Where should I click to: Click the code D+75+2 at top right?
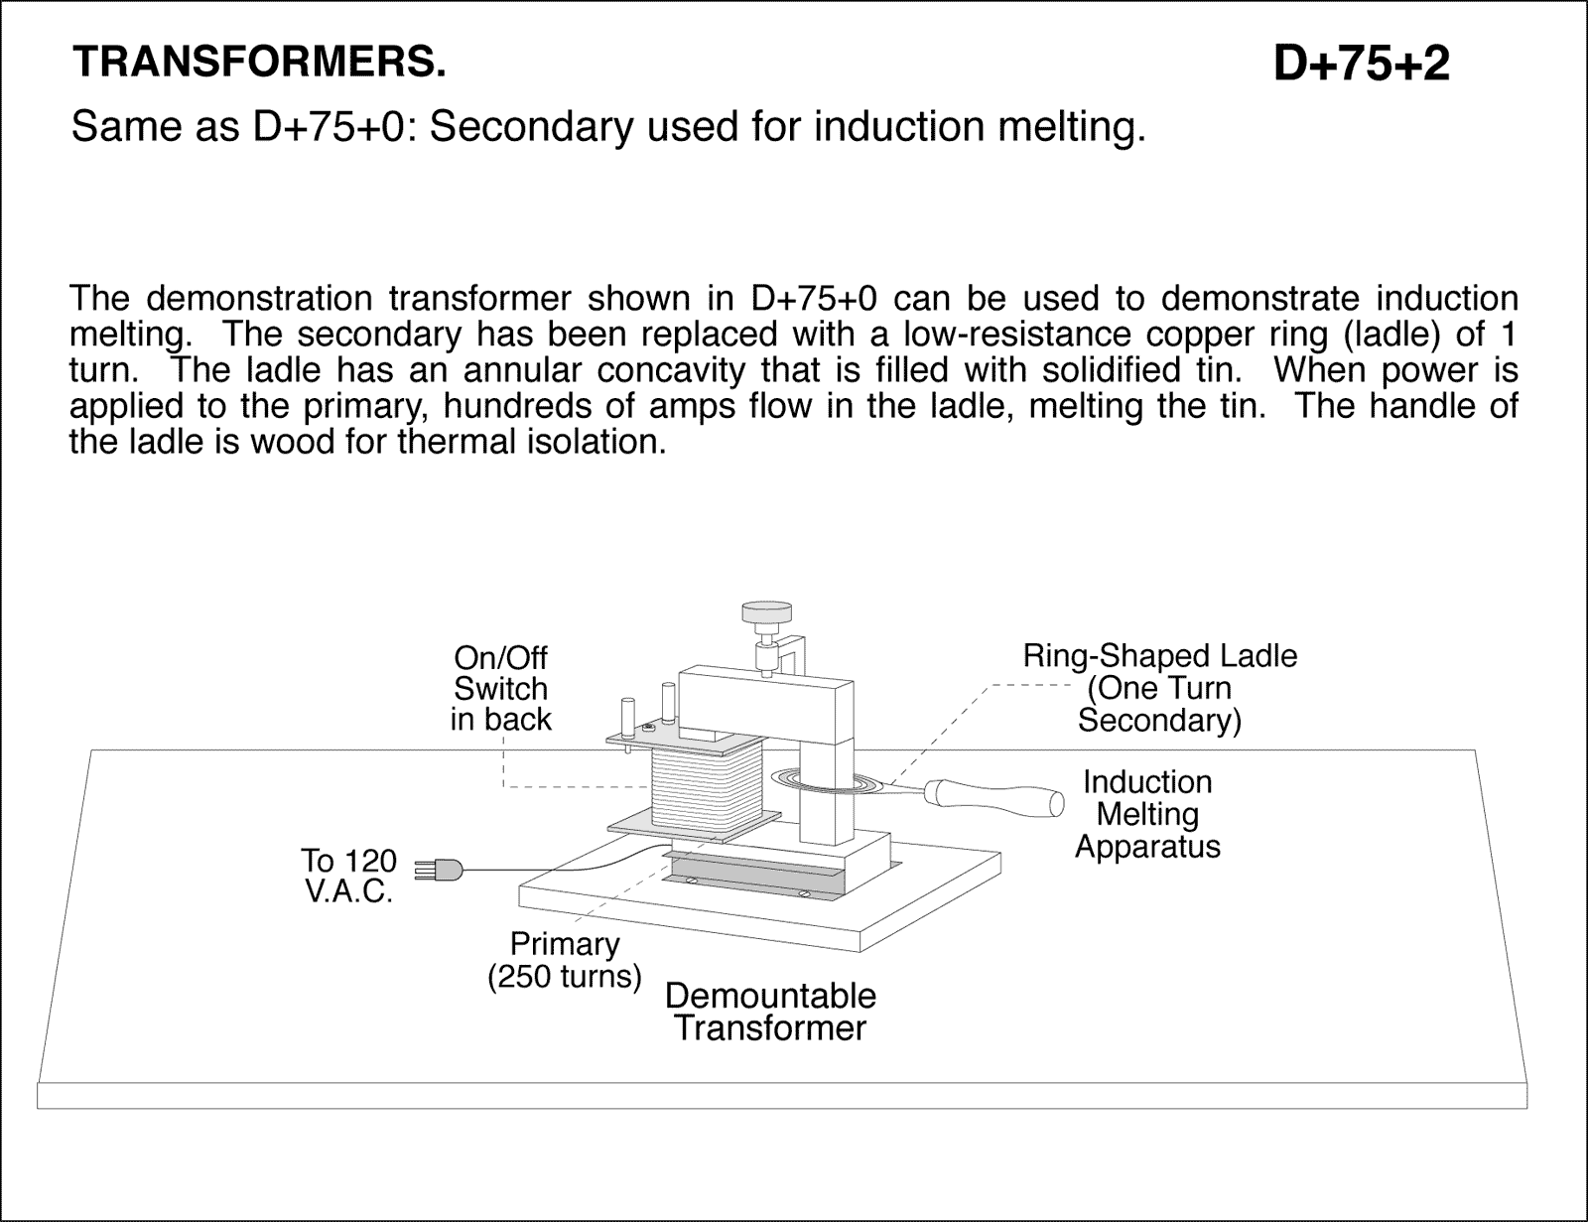coord(1361,65)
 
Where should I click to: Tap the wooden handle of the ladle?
coord(992,794)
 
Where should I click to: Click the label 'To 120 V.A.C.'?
coord(348,876)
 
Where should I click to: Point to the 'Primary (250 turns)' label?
coord(564,960)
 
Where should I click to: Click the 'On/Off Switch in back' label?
coord(500,688)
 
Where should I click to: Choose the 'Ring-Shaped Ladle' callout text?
coord(1159,687)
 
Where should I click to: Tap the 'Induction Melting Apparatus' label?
coord(1147,814)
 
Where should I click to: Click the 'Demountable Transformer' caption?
coord(770,1012)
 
